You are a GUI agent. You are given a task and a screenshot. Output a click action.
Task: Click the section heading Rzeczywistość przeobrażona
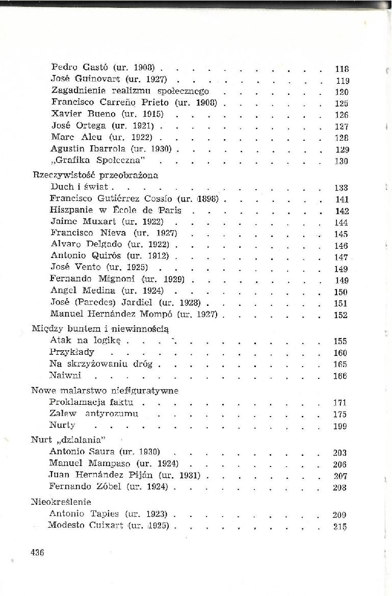pos(95,175)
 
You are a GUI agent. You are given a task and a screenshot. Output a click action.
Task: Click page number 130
pos(342,162)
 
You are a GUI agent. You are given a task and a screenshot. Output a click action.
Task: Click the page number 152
pos(341,316)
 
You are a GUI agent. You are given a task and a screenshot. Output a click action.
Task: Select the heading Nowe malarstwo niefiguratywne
pos(105,391)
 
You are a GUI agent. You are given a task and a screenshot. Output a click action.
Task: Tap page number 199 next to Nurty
pos(340,426)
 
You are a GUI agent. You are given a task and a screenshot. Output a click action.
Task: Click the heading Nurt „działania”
pos(68,440)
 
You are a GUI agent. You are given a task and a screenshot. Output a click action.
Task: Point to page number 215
pos(340,527)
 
